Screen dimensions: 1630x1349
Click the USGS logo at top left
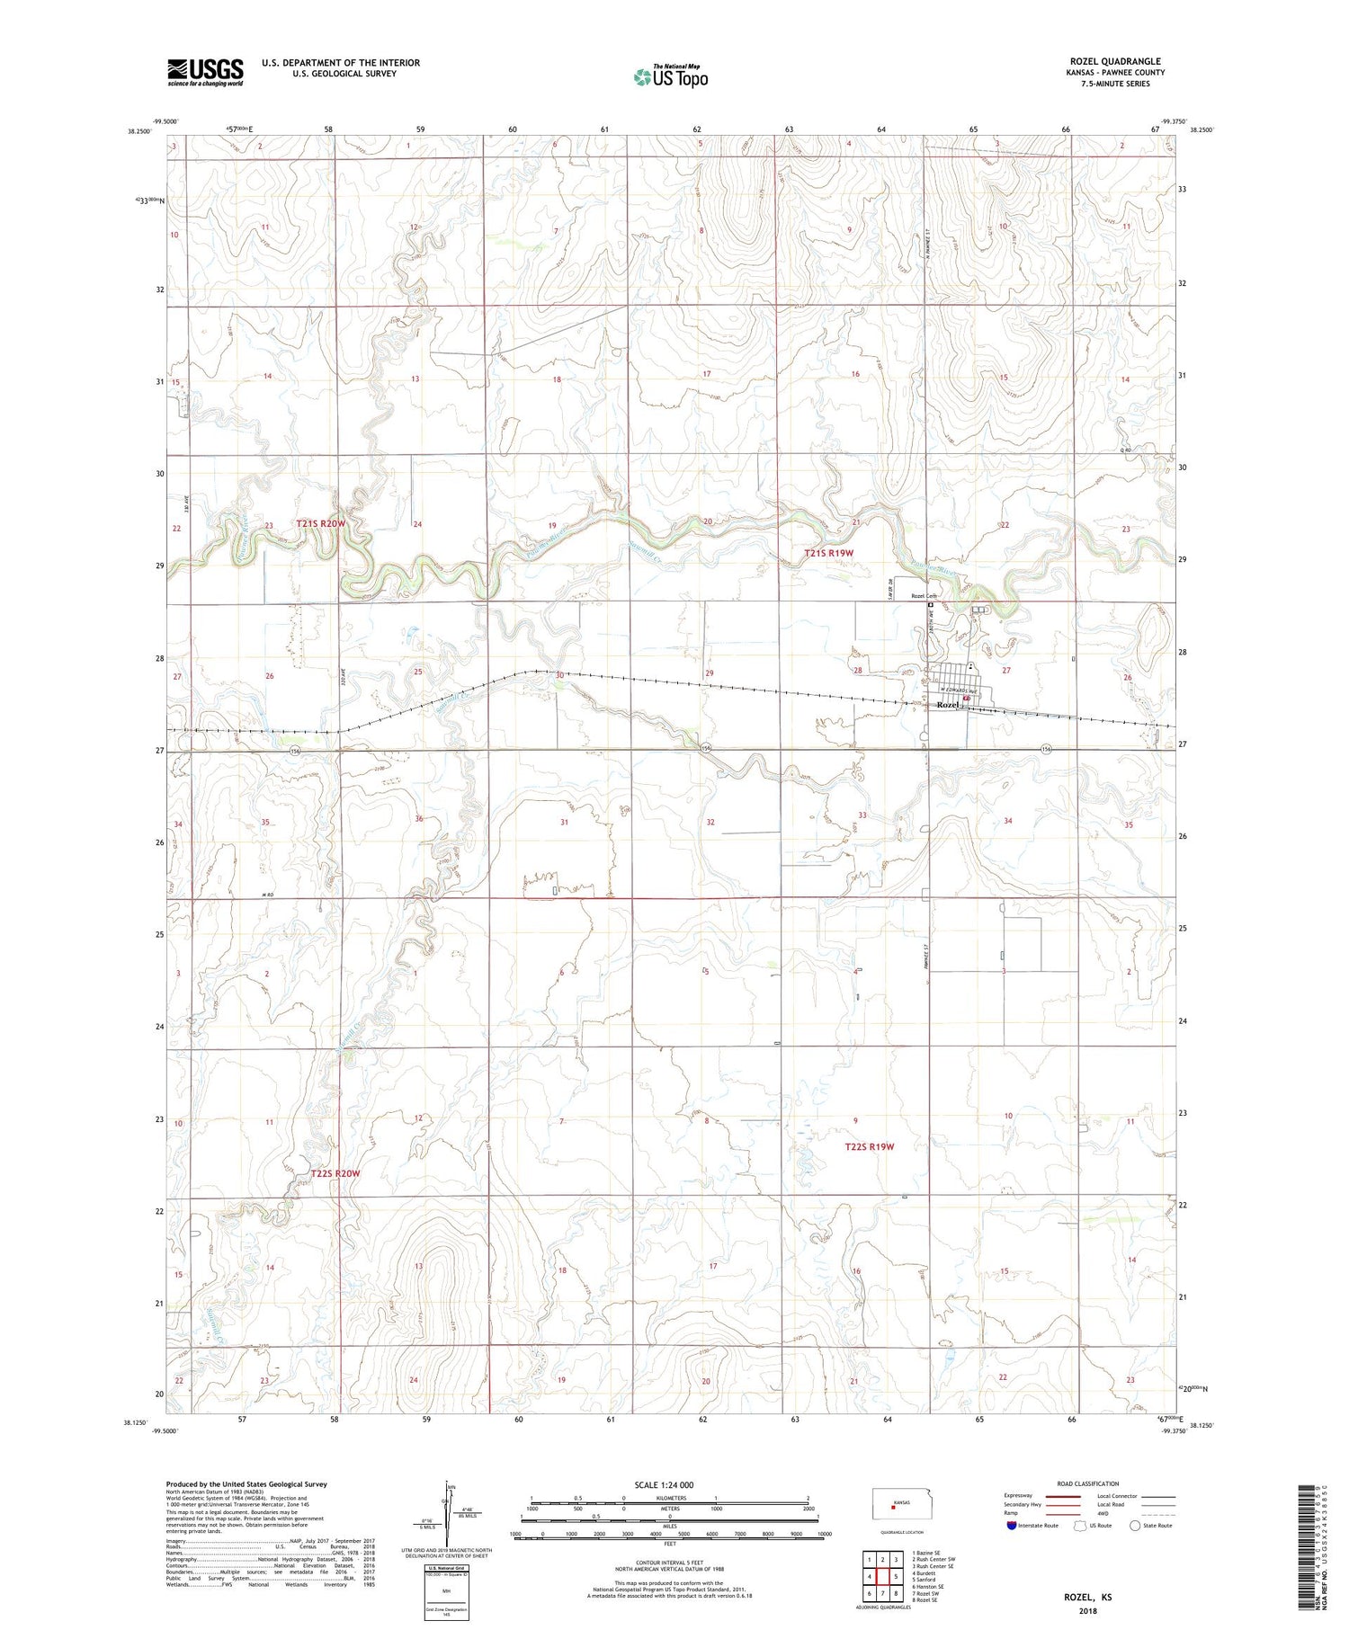205,72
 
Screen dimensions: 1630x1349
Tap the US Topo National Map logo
670,76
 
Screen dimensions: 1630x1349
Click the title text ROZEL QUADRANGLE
1112,61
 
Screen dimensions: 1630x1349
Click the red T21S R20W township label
320,523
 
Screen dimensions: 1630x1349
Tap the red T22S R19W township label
869,1146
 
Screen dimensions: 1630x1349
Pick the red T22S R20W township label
335,1173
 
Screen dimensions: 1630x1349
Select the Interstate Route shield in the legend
1012,1525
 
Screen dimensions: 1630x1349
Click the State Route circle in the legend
1135,1525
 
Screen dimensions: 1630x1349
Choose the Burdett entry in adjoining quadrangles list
926,1572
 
